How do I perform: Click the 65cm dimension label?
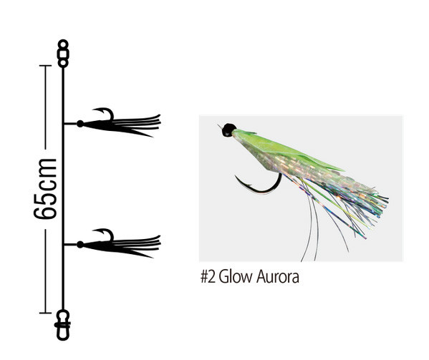45,189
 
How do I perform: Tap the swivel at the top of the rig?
63,54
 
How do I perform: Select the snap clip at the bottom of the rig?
63,325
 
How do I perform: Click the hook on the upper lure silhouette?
105,114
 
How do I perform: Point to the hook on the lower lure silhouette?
105,235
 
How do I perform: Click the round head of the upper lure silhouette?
80,124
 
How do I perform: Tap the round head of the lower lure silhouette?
80,244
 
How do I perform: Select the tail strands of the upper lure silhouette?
137,125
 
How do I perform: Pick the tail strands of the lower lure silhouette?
137,246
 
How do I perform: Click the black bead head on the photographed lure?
228,130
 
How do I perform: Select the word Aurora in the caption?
278,277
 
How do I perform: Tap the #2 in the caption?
208,277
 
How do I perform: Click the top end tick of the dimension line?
45,66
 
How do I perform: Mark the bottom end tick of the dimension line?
45,313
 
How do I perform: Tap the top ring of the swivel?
63,44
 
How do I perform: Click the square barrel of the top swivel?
63,54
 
